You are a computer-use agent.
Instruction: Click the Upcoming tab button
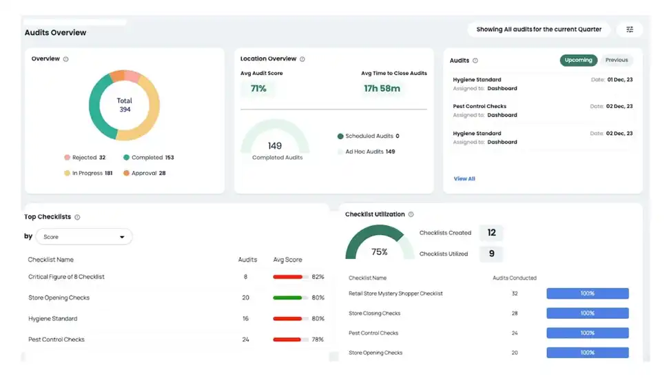(x=578, y=60)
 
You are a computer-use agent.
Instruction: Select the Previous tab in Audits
(x=617, y=60)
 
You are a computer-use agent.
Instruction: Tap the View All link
(x=464, y=178)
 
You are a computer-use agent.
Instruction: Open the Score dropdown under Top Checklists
(x=84, y=237)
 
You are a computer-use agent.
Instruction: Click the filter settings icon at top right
(x=630, y=30)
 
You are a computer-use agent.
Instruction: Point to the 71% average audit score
(x=258, y=88)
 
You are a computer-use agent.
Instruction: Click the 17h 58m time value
(x=382, y=88)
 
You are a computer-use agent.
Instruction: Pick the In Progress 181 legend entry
(x=88, y=173)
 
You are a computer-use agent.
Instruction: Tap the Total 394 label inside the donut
(x=125, y=105)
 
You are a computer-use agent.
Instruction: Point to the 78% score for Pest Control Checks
(x=318, y=340)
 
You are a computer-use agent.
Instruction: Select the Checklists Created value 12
(x=491, y=233)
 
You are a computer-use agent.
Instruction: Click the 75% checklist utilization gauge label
(x=380, y=252)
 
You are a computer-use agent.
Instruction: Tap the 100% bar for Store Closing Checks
(x=587, y=313)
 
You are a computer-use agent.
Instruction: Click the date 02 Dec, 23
(x=619, y=106)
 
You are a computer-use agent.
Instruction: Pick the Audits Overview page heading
(x=56, y=32)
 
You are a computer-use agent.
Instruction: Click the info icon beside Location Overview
(x=302, y=59)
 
